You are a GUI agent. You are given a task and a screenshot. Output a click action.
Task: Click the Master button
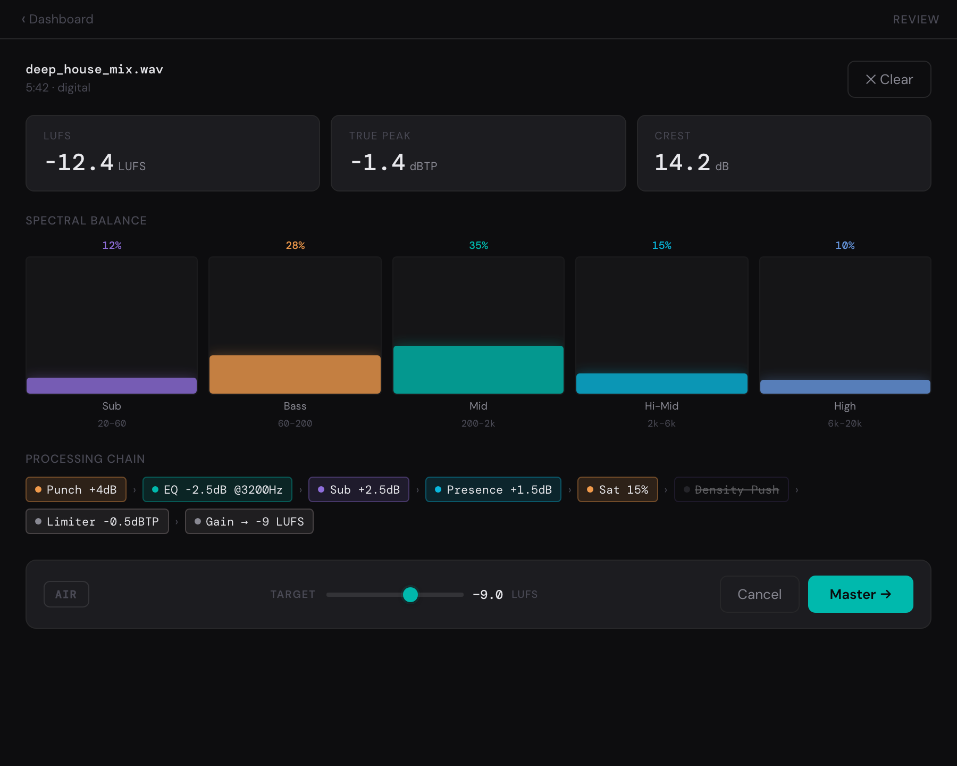click(860, 594)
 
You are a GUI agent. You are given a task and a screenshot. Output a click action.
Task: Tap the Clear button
click(889, 79)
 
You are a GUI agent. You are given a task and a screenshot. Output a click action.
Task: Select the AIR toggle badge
click(66, 594)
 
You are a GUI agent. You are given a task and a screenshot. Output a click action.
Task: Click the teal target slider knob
click(410, 594)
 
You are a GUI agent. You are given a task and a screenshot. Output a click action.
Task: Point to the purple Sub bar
click(112, 386)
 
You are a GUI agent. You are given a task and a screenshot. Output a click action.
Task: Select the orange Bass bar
click(295, 374)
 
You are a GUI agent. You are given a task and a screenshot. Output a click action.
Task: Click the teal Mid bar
click(478, 370)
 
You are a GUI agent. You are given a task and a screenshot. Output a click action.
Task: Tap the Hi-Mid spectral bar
click(662, 384)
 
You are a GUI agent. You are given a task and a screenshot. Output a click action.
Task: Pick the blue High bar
click(845, 387)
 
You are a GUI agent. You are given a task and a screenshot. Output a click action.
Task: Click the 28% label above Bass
click(295, 245)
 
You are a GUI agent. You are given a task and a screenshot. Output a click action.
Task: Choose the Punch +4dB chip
click(76, 489)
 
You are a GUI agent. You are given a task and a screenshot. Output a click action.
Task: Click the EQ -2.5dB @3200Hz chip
click(217, 489)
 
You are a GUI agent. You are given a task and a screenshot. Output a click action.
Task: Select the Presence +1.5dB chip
click(493, 489)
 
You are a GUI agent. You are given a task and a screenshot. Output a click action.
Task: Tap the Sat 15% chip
click(618, 489)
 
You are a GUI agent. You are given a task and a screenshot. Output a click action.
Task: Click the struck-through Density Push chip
click(732, 489)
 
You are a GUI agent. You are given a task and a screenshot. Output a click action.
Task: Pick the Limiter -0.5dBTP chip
click(97, 521)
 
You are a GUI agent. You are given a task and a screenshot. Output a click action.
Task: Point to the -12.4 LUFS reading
click(95, 162)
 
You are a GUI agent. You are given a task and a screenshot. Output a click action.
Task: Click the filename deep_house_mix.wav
click(95, 70)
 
